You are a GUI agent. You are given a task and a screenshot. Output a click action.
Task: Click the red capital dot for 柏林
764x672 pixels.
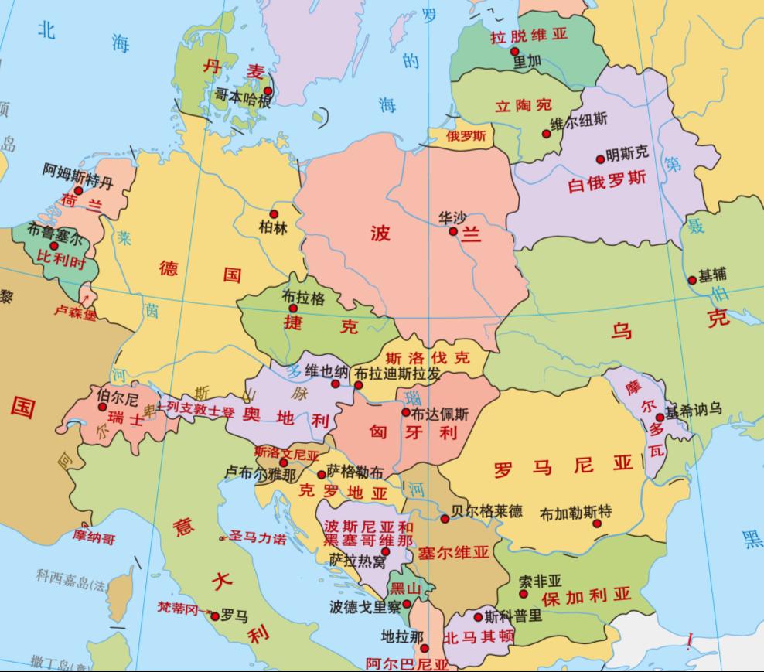(x=273, y=213)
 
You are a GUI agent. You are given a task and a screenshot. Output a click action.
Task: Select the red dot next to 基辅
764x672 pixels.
(x=692, y=280)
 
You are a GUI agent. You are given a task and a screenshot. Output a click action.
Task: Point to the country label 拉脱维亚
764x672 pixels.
(x=530, y=36)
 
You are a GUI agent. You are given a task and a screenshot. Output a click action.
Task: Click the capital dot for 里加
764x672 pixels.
(x=515, y=51)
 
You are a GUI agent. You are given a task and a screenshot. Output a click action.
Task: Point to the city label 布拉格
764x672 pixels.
(x=303, y=297)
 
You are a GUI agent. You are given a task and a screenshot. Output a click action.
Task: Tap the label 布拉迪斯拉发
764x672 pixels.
(x=397, y=374)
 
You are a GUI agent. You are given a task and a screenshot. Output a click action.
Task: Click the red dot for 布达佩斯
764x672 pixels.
(x=406, y=412)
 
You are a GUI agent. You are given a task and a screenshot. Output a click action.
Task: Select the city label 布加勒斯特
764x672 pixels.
(x=576, y=511)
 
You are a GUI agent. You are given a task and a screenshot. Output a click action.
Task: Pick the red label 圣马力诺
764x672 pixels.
(x=258, y=538)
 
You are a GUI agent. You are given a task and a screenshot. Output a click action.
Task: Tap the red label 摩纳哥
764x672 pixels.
(x=94, y=537)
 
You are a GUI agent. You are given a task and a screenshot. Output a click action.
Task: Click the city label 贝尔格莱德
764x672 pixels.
(x=486, y=511)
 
